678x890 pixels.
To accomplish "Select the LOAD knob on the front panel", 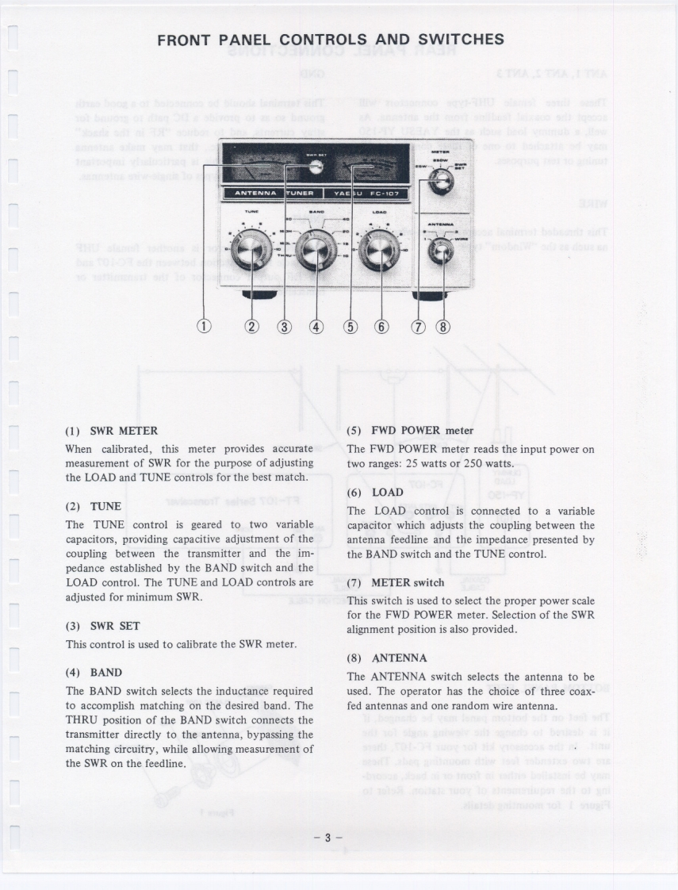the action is click(x=373, y=251).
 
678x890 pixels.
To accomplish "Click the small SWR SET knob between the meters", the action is click(x=316, y=166).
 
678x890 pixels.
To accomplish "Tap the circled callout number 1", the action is click(x=206, y=326).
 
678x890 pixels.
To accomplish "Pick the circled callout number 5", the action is click(x=352, y=326).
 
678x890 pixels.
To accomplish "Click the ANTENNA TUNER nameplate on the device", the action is click(x=270, y=193).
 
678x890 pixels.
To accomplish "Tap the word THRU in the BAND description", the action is click(x=82, y=720).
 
